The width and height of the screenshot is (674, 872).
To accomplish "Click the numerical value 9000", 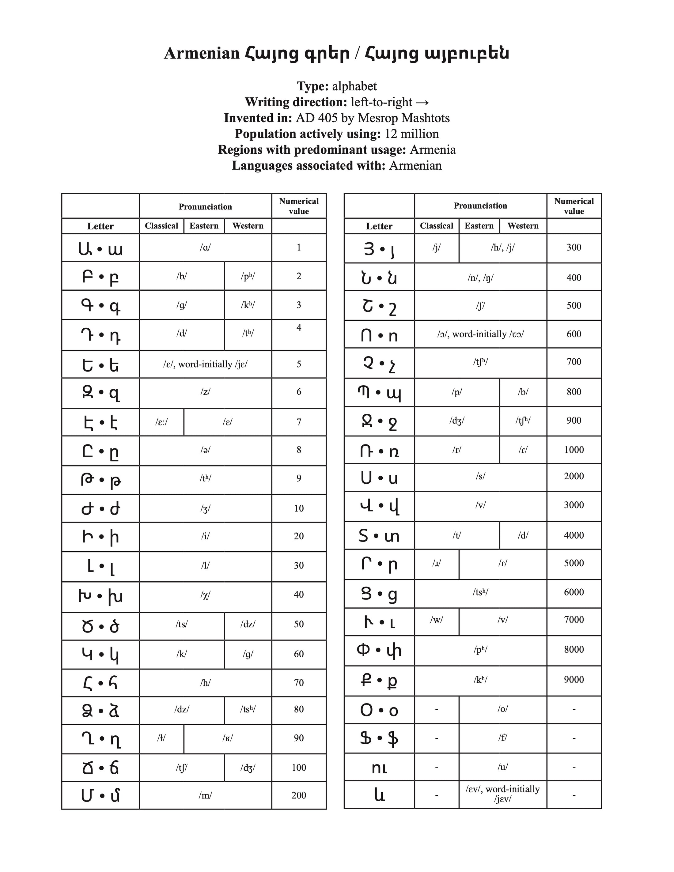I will coord(574,680).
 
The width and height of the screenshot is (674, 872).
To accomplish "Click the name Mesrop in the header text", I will coord(378,118).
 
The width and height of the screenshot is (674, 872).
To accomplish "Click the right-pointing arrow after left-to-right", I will coord(422,102).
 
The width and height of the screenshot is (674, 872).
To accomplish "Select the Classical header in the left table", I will coord(161,226).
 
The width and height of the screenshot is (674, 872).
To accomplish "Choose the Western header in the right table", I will coord(523,226).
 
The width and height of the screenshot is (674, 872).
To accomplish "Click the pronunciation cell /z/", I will coord(205,392).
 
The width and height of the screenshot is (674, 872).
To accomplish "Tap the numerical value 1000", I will coord(574,450).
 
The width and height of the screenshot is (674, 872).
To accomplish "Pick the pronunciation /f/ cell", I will coord(502,738).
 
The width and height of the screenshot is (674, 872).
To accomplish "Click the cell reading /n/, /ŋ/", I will coord(480,278).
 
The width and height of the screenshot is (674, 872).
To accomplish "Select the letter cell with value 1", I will coord(100,248).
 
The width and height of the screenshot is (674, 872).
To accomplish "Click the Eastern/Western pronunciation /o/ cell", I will coord(502,709).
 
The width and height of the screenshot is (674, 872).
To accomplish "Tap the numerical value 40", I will coord(299,595).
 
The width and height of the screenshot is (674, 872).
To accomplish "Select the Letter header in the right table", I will coord(379,226).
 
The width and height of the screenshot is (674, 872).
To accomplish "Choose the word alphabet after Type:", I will coord(354,86).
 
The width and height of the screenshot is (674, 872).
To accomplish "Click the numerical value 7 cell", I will coord(299,422).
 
